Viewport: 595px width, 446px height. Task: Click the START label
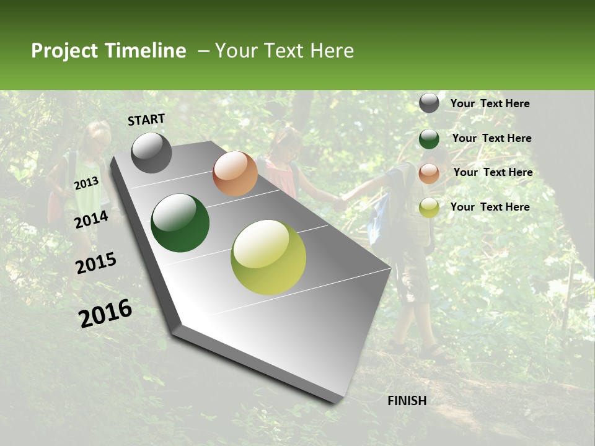point(146,119)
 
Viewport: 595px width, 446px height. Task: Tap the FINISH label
point(407,401)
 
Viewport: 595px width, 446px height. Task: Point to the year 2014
point(91,219)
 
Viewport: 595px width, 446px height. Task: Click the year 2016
point(105,313)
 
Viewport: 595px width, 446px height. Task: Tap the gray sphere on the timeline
point(151,152)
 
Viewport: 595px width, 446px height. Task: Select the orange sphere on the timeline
point(235,173)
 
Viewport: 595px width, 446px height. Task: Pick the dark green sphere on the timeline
point(180,223)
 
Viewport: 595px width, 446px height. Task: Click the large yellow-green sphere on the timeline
point(268,257)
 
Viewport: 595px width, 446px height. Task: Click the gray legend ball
point(429,103)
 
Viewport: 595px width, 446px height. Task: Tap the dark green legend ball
point(429,139)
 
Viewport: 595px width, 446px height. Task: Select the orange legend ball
point(429,173)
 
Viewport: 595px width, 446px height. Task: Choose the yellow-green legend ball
point(429,208)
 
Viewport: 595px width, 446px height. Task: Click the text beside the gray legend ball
point(490,103)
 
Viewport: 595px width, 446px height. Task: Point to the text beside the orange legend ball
point(493,172)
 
